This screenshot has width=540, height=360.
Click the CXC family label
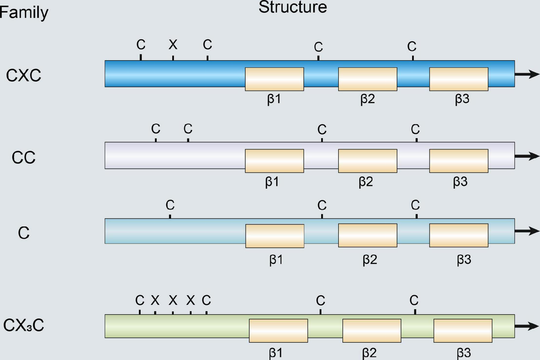coord(24,75)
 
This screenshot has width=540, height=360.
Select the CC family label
coord(24,158)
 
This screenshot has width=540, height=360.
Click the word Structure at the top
coord(292,8)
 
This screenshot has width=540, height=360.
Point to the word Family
coord(23,13)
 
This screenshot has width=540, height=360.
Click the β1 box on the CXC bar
coord(274,79)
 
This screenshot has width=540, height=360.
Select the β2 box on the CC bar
coord(368,161)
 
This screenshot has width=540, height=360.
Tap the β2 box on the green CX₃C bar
coord(372,330)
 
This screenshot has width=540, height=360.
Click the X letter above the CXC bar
coord(173,45)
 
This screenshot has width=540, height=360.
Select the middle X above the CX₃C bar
coord(173,300)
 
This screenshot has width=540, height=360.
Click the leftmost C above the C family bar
coord(170,205)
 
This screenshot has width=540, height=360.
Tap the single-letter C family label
coord(24,233)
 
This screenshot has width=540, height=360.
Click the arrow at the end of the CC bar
coord(527,157)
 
